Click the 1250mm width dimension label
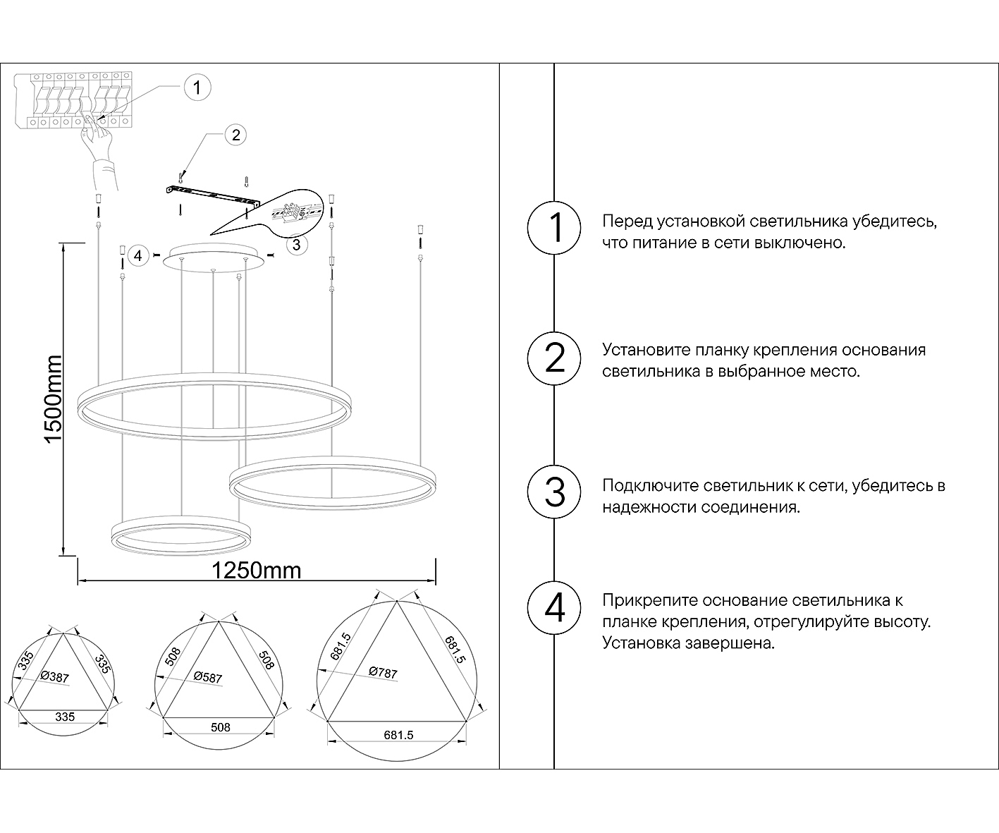(x=257, y=570)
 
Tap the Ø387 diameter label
(x=55, y=677)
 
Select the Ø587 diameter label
(x=208, y=677)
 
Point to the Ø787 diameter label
(x=383, y=673)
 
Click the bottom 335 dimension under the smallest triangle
(x=65, y=717)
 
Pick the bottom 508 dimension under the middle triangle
(x=221, y=727)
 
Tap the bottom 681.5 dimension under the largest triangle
(x=398, y=734)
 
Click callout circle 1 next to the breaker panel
(x=197, y=87)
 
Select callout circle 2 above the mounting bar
(x=235, y=134)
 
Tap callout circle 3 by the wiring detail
(x=296, y=244)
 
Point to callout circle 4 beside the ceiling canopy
(x=138, y=255)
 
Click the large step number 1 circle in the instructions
(x=555, y=229)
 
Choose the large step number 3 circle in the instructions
(x=555, y=492)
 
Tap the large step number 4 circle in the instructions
(x=555, y=607)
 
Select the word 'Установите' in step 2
(x=646, y=351)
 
